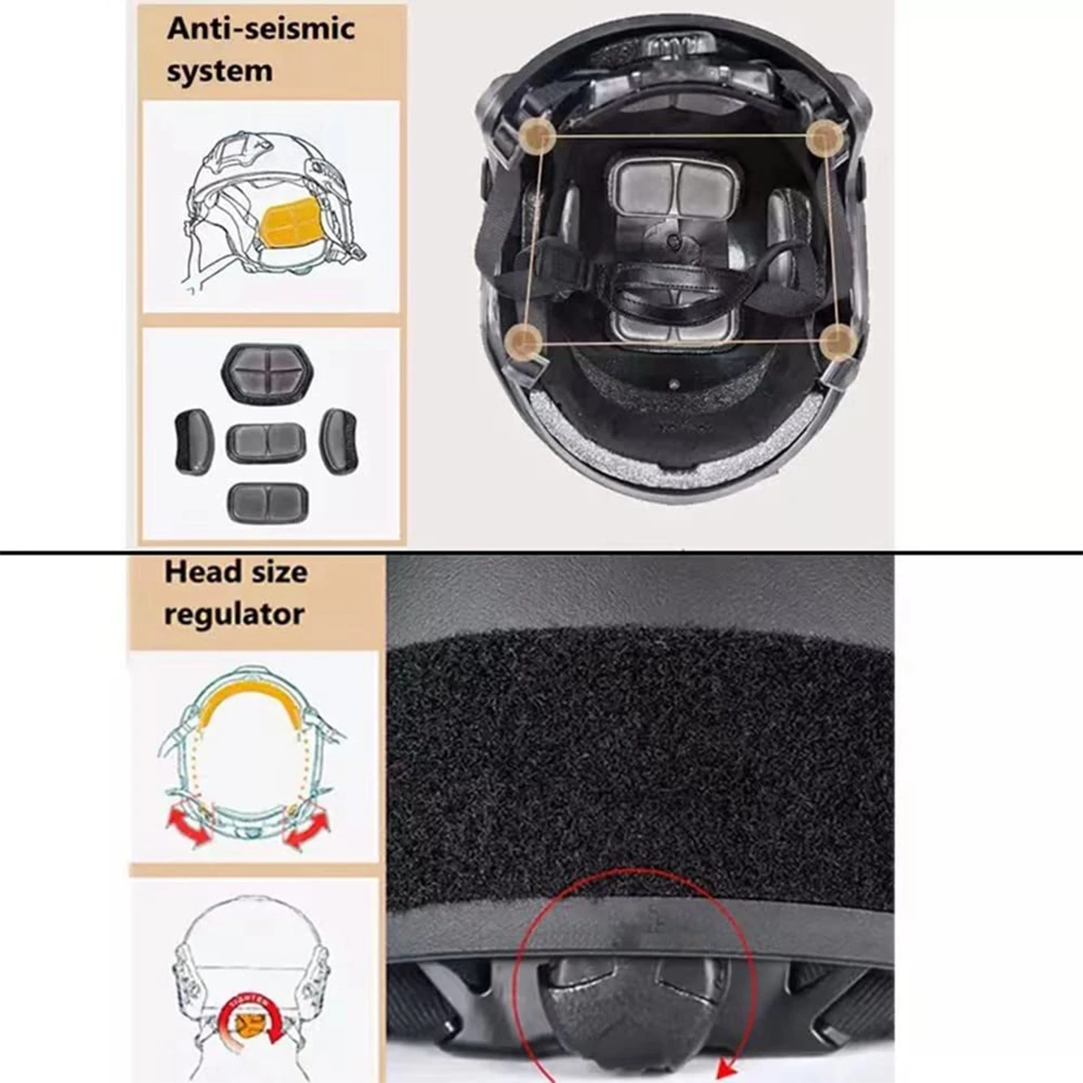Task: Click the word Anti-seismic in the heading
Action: point(261,29)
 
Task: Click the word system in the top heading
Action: point(219,71)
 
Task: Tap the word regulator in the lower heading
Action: point(234,613)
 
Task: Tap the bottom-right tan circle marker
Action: point(837,342)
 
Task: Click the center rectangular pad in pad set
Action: point(266,443)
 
